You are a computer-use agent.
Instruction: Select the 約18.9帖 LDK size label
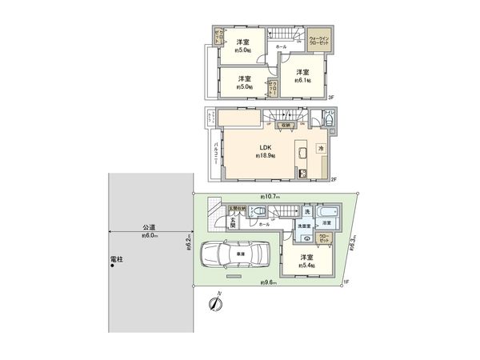point(266,157)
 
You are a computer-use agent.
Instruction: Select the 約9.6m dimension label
point(270,283)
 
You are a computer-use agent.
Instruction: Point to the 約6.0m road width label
point(149,237)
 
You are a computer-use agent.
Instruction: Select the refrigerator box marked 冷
point(320,149)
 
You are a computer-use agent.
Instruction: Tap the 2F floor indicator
point(334,180)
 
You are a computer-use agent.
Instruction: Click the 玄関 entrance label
point(232,225)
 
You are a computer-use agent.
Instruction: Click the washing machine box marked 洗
point(306,212)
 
